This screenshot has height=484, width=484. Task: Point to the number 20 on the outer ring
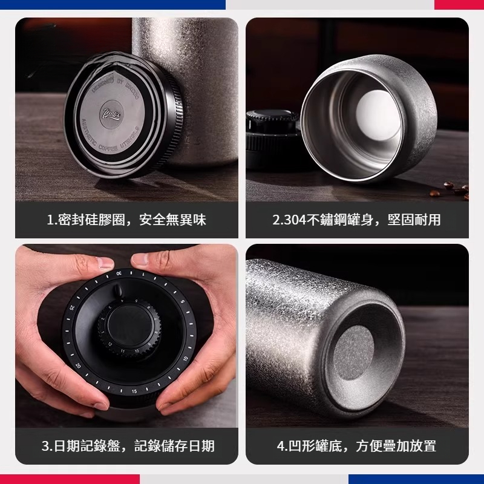(x=78, y=366)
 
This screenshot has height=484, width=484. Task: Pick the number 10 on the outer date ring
(x=184, y=358)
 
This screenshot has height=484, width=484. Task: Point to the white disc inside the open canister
(x=373, y=114)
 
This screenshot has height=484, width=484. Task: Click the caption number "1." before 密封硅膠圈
(x=52, y=220)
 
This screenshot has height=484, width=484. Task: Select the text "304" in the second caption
(x=295, y=220)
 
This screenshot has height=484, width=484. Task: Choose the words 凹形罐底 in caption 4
(x=316, y=446)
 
